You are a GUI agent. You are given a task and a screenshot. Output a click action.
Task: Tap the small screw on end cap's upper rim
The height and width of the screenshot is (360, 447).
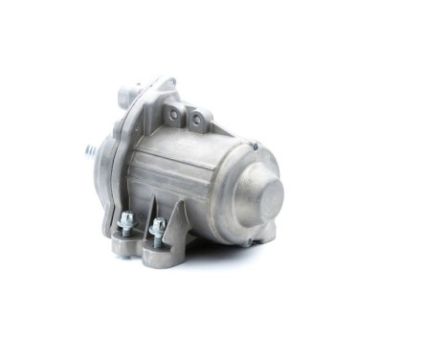[255, 146]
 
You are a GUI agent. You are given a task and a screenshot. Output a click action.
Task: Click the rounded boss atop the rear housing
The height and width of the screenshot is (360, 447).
[128, 96]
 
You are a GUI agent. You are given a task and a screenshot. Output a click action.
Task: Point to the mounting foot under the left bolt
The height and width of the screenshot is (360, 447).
[125, 245]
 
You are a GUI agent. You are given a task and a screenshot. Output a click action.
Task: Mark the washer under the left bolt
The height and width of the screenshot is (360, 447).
[125, 229]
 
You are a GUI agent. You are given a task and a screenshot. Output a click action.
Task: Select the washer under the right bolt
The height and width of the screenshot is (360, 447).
[157, 236]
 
